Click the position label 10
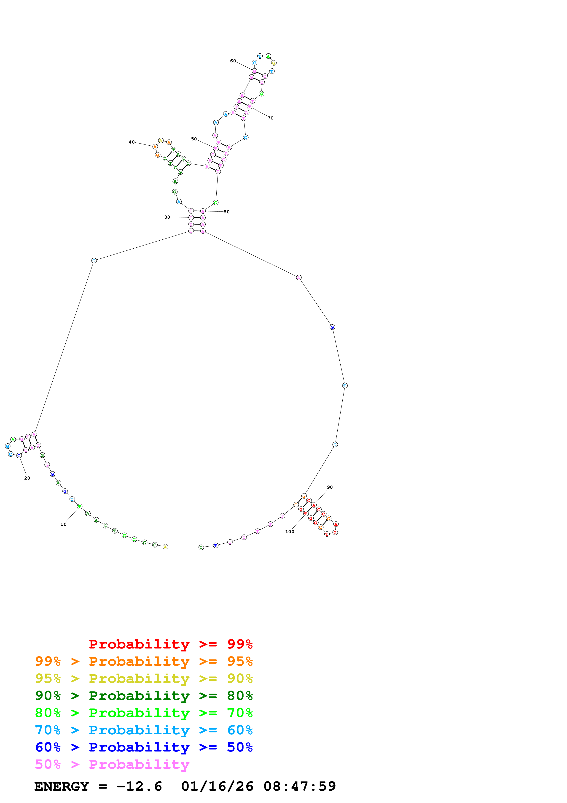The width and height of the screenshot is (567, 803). pos(63,524)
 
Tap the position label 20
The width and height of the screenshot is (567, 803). pos(27,478)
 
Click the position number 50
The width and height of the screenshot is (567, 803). pos(194,139)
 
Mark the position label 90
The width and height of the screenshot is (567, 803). pos(330,487)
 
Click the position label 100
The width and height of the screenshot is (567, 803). pos(290,532)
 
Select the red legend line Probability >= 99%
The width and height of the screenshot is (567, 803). pos(170,644)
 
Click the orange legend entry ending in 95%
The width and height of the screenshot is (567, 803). pos(144,661)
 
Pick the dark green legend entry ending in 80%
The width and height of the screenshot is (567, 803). pos(144,696)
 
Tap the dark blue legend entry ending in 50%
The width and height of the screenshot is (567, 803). pos(144,747)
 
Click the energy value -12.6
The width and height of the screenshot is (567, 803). pos(139,787)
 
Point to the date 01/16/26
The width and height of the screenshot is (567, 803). pos(217,787)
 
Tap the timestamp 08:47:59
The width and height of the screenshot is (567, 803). pos(299,787)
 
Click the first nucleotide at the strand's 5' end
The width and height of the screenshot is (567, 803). pos(165,547)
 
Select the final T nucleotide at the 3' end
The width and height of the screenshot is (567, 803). pos(201,547)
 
